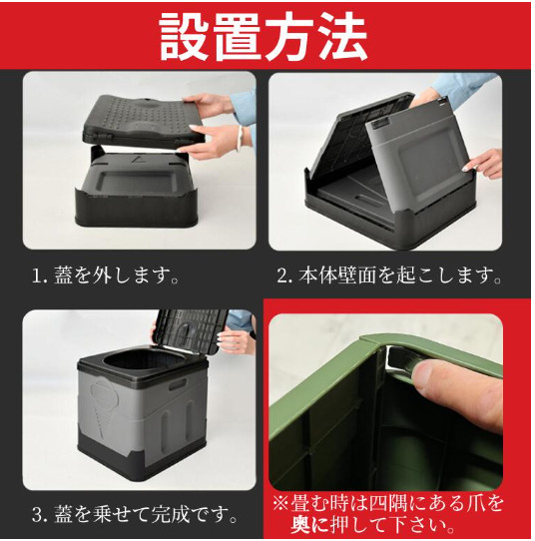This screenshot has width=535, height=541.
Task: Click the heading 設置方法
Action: (264, 37)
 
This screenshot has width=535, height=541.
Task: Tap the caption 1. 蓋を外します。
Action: (105, 276)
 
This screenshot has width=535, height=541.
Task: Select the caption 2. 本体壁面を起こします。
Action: (388, 276)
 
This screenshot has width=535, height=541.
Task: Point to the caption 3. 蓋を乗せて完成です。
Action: (135, 514)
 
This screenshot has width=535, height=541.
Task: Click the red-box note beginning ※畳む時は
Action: (388, 514)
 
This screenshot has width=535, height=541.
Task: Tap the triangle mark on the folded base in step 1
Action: (139, 160)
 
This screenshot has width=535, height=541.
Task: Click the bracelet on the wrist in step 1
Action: (239, 138)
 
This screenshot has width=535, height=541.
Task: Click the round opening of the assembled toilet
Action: (134, 364)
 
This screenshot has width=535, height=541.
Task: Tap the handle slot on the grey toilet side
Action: (178, 384)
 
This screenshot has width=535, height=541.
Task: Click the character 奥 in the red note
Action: (301, 525)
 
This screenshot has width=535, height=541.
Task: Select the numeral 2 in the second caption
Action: (282, 276)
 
